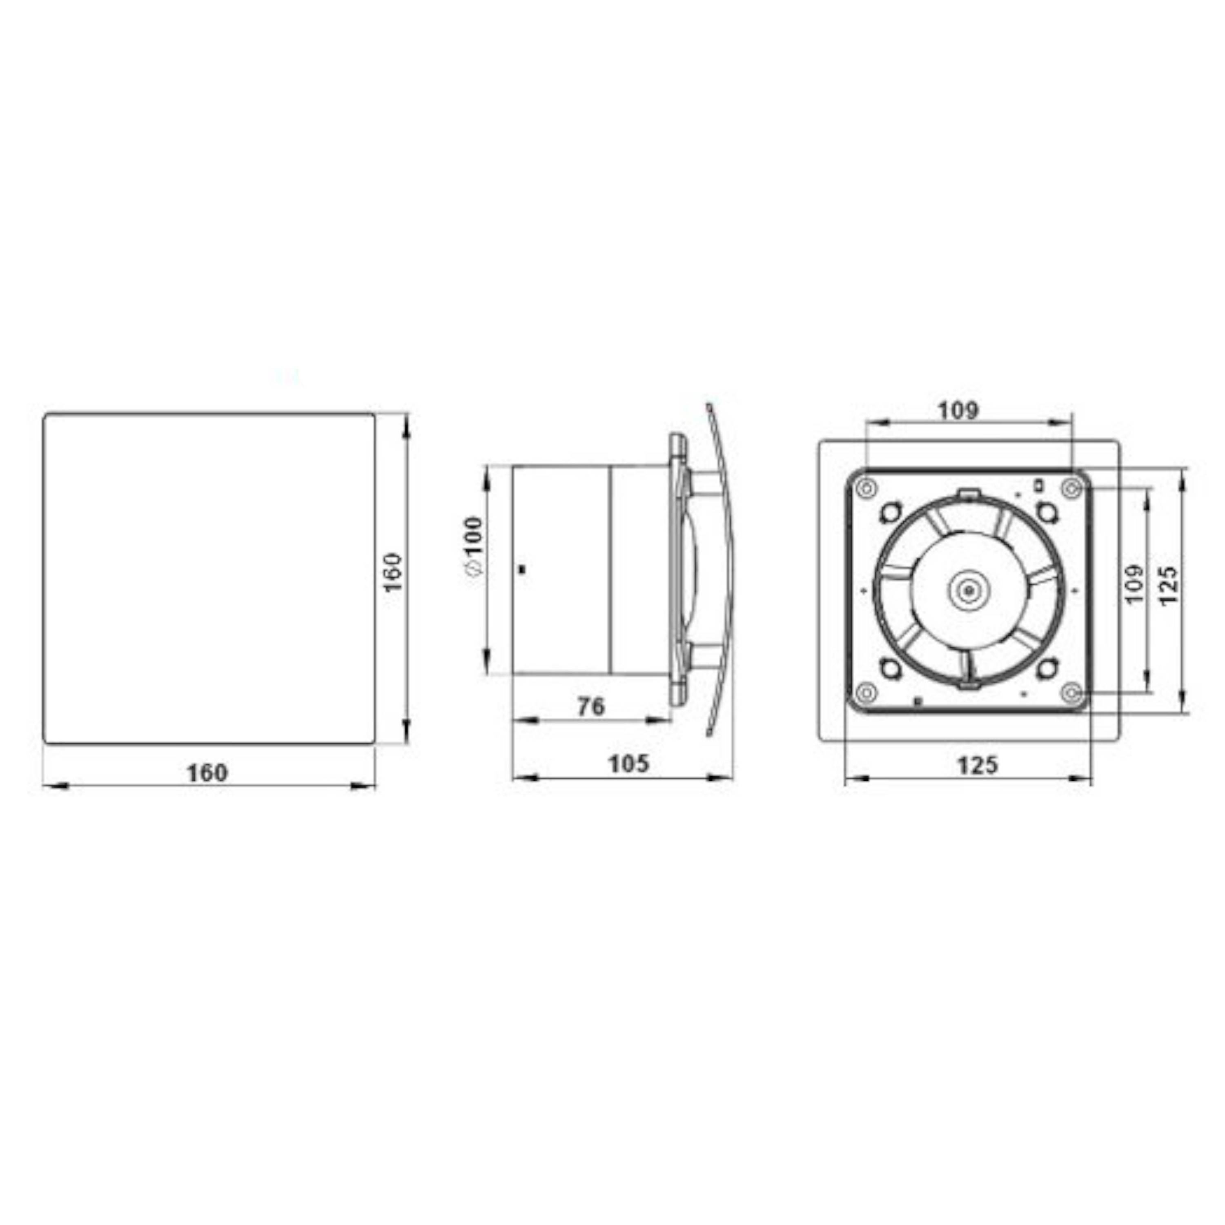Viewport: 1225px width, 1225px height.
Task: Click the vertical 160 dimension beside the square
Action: tap(394, 572)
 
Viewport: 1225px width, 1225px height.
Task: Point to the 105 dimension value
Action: tap(628, 764)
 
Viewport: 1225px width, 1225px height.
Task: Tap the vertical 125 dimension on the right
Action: tap(1169, 585)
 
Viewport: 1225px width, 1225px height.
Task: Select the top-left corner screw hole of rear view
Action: tap(866, 488)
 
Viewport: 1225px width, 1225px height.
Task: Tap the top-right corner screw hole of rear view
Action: tap(1071, 488)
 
